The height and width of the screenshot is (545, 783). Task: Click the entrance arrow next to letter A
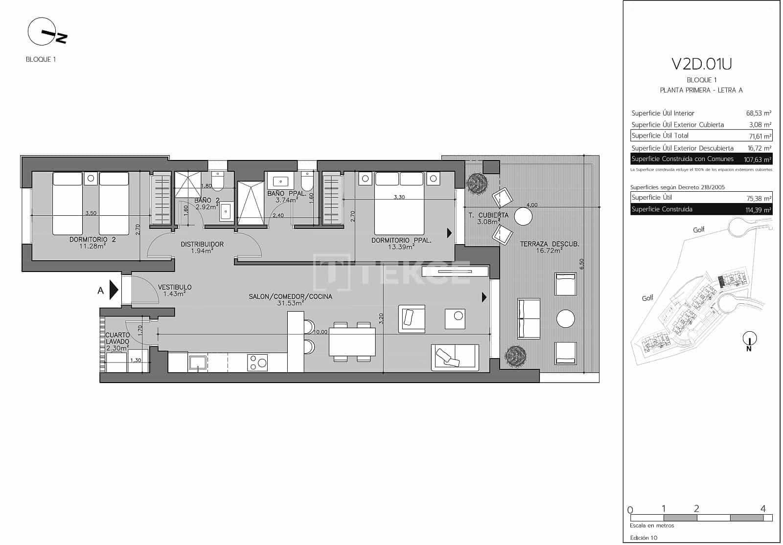tap(114, 290)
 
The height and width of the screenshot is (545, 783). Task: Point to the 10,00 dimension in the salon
tap(320, 332)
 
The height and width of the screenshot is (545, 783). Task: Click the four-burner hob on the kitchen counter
tap(258, 362)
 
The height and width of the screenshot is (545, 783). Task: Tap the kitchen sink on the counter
tap(197, 363)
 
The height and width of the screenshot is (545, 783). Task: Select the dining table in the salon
tap(352, 341)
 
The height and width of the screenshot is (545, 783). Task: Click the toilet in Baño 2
tap(217, 181)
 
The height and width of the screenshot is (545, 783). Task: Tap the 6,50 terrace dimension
tap(582, 264)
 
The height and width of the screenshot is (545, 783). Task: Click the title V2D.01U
tap(701, 64)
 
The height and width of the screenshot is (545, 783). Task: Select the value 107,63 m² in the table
tap(757, 159)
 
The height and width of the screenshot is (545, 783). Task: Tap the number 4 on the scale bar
tap(762, 509)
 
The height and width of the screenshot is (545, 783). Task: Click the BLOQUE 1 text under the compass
tap(41, 59)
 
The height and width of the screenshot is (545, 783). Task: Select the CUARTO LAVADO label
tap(117, 339)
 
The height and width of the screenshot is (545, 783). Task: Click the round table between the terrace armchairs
tap(565, 319)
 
